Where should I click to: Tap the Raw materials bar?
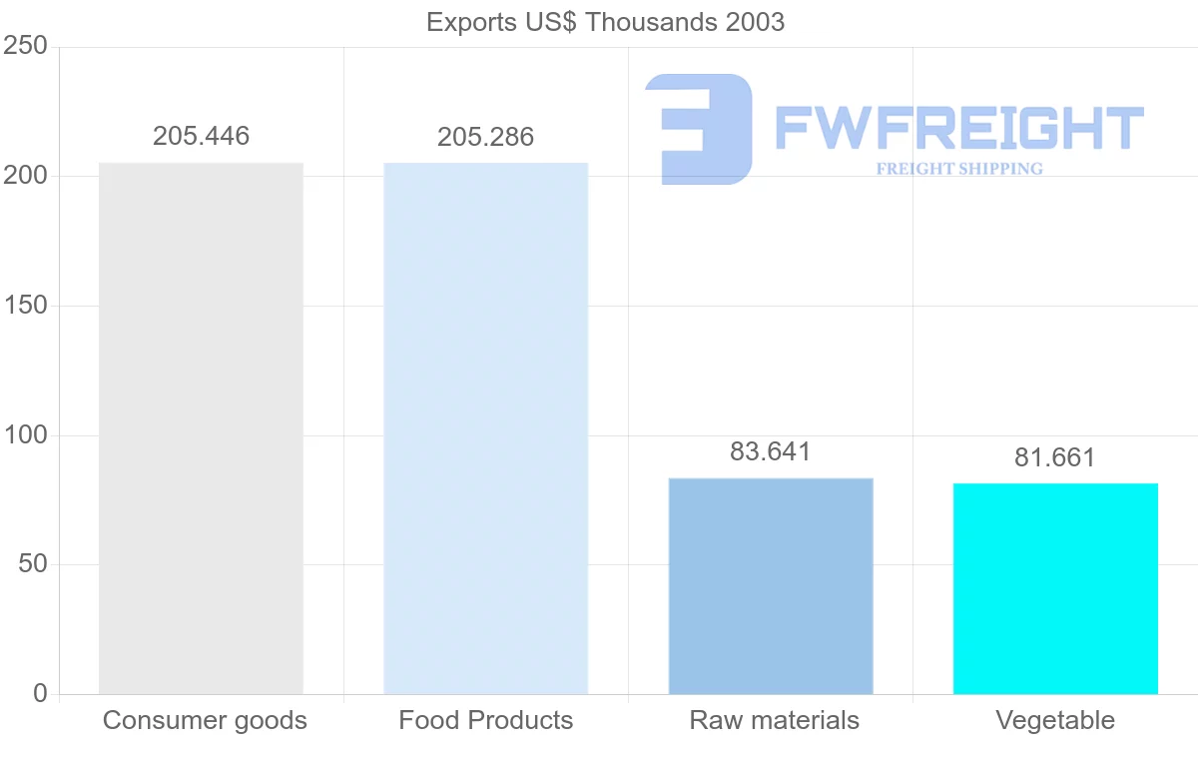[x=771, y=586]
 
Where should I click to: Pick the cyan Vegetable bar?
[x=1055, y=588]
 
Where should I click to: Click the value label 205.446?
[x=201, y=137]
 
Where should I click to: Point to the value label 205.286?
[x=486, y=137]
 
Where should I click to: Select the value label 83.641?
[x=771, y=451]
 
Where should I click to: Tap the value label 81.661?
[x=1055, y=457]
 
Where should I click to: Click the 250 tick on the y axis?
[x=26, y=46]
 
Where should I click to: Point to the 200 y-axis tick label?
[x=26, y=176]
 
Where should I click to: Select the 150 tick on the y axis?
[x=26, y=306]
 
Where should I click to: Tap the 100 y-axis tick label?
[x=26, y=435]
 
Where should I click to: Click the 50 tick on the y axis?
[x=33, y=564]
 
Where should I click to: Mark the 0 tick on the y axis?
[x=40, y=693]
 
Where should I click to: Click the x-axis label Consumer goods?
[x=205, y=720]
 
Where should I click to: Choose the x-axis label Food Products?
[x=486, y=720]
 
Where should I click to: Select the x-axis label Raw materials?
[x=774, y=720]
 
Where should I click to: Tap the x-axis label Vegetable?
[x=1055, y=720]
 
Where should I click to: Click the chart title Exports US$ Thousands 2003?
[x=605, y=22]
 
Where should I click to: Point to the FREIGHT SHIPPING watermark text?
[x=959, y=169]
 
